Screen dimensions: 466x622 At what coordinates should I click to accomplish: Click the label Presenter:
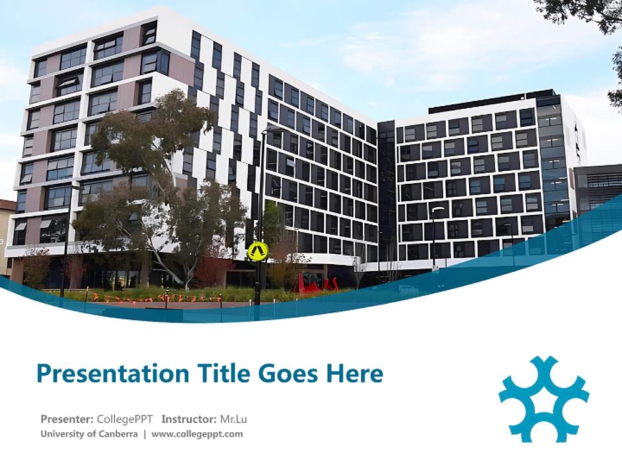(67, 419)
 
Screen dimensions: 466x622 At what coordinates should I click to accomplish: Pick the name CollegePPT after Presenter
(124, 419)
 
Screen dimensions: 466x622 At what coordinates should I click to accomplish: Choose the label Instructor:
(190, 419)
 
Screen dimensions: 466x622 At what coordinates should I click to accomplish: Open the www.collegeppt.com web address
(198, 434)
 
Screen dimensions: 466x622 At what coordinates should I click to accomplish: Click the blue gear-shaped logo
(544, 399)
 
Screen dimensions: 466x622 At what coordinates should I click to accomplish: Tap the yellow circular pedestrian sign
(258, 250)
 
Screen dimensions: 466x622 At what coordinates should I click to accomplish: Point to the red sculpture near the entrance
(316, 283)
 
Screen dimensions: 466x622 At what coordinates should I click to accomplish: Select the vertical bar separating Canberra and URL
(144, 434)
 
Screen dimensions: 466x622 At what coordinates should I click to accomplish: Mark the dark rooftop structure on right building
(483, 101)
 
